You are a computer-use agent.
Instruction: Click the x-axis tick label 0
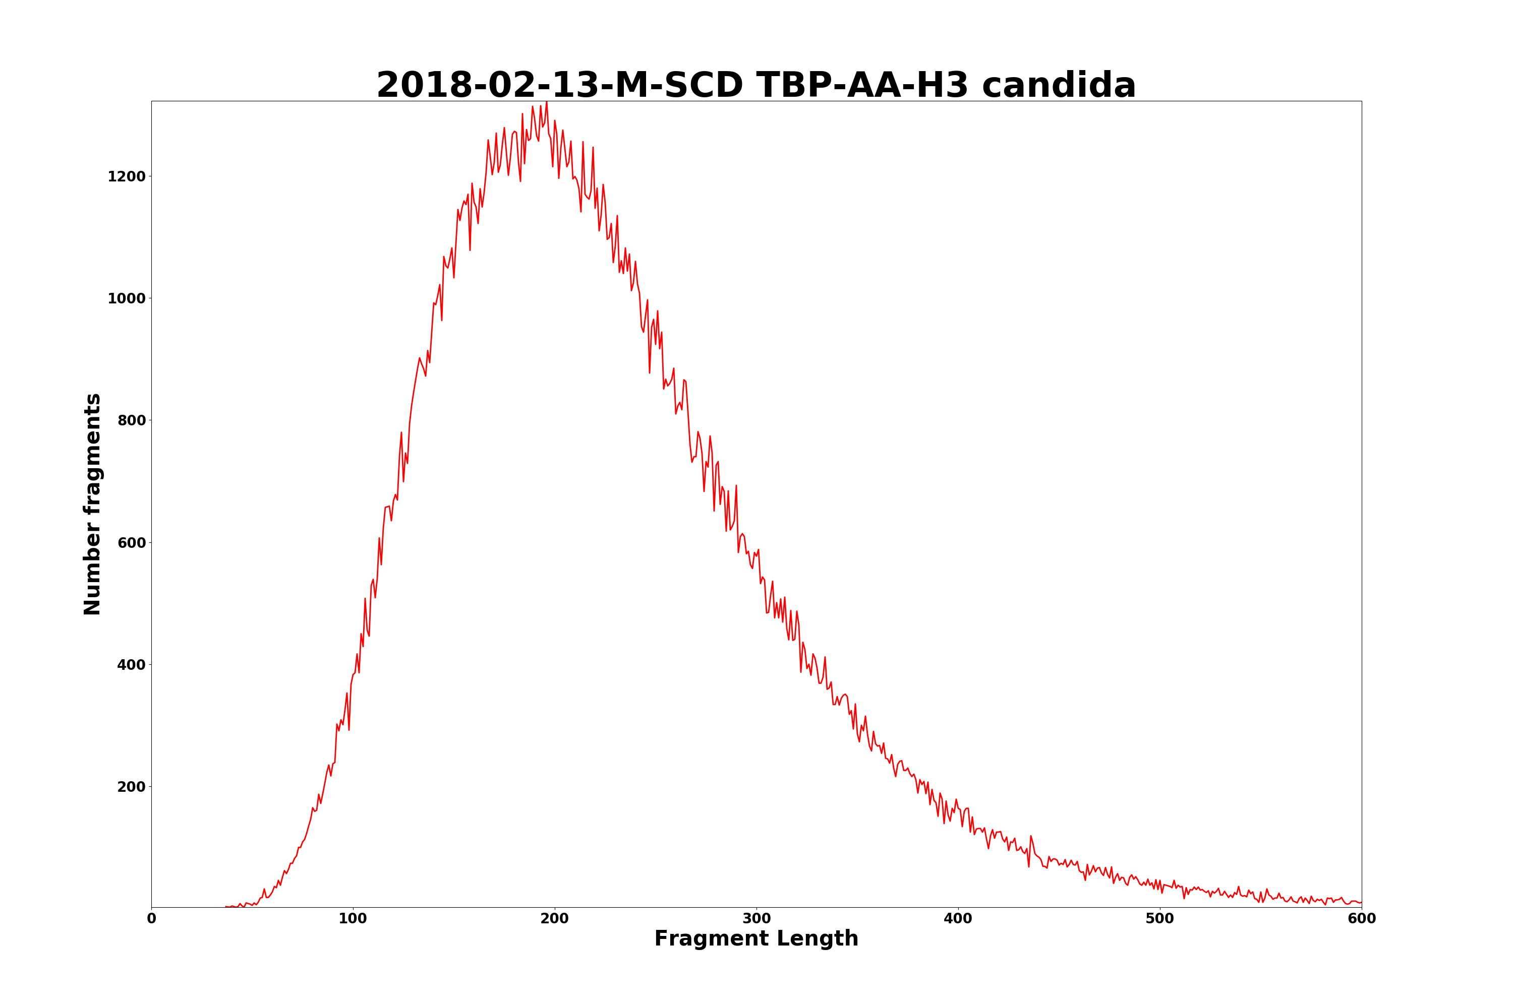(x=151, y=919)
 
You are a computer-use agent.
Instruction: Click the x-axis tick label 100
(x=353, y=919)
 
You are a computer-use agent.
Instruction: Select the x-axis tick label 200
(x=554, y=919)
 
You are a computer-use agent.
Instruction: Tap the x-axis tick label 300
(x=756, y=919)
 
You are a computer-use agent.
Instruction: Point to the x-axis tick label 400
(x=958, y=919)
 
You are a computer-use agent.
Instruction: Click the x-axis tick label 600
(x=1361, y=919)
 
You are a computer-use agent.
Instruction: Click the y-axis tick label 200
(x=131, y=787)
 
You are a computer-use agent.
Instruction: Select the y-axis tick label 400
(x=131, y=665)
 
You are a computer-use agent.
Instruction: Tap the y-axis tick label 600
(x=131, y=543)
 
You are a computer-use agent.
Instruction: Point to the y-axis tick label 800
(x=131, y=420)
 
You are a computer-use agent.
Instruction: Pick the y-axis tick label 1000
(x=127, y=298)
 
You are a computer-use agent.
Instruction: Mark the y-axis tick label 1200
(x=127, y=176)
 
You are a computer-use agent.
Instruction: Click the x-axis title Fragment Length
(x=756, y=939)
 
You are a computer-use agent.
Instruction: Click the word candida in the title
(x=1059, y=86)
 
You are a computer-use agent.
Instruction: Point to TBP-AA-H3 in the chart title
(x=862, y=86)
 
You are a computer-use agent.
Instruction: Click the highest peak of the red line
(x=547, y=102)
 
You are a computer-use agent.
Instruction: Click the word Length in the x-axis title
(x=818, y=939)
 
